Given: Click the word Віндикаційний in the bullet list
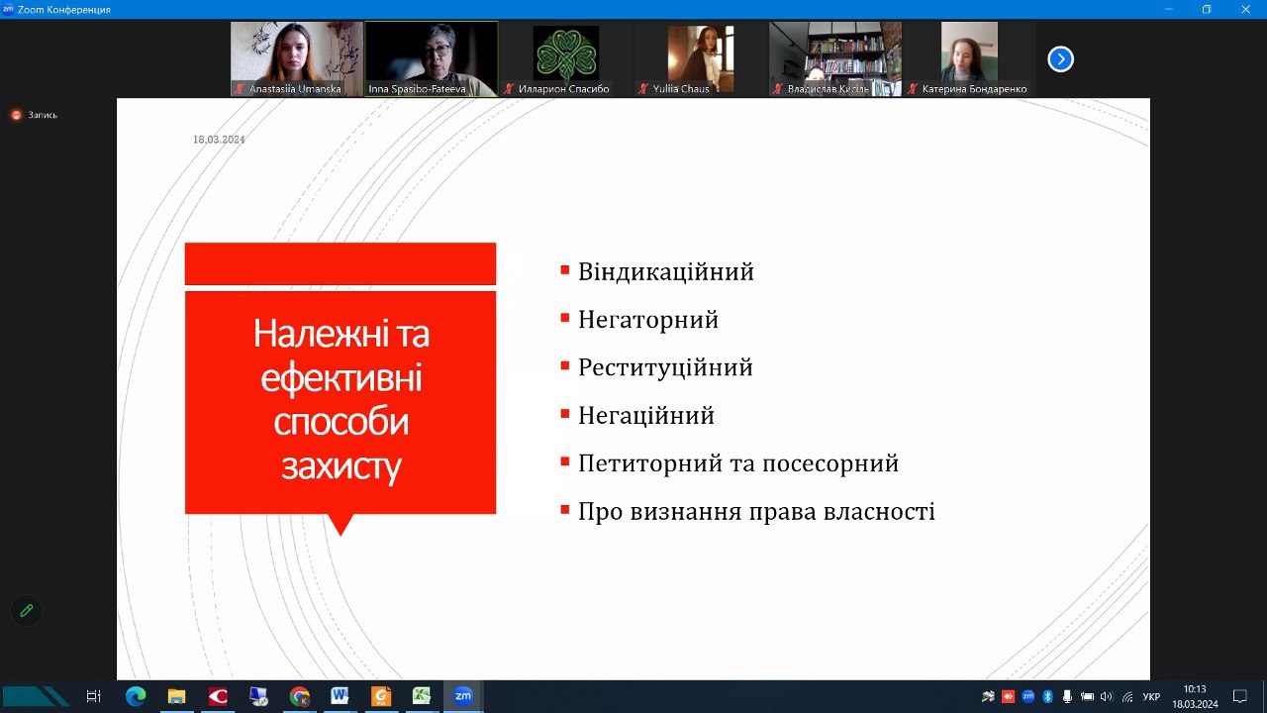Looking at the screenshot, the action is tap(666, 272).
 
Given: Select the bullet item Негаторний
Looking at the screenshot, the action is tap(648, 320).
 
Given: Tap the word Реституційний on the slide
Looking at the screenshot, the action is tap(665, 368).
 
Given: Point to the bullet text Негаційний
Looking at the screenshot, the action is tap(646, 416).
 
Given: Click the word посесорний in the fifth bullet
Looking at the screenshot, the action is tap(830, 464).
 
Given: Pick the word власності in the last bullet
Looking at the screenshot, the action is tap(879, 512).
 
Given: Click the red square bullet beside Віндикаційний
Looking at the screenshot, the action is tap(564, 270).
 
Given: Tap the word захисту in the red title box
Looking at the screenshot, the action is tap(341, 466).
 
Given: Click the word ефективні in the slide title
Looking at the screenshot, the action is tap(341, 377).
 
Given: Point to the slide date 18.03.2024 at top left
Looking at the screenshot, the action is tap(219, 140).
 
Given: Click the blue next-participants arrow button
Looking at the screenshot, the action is tap(1060, 58).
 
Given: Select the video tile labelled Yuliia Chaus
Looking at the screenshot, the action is tap(700, 58).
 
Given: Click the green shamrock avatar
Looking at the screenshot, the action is tap(565, 54).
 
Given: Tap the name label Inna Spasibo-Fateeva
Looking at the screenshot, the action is tap(417, 89).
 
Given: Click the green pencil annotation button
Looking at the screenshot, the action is tap(27, 611).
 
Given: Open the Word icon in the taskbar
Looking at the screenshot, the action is tap(340, 696).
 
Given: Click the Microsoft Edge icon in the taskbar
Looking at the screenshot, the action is tap(136, 696).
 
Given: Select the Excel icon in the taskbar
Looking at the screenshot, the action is tap(422, 696).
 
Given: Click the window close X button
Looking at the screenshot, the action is tap(1245, 9).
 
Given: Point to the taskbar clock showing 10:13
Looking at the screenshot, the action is tap(1195, 689).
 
